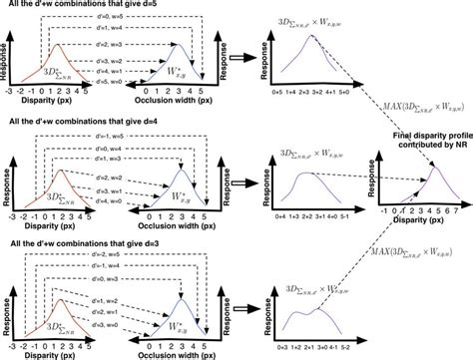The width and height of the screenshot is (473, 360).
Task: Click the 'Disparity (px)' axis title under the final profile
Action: pos(420,225)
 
